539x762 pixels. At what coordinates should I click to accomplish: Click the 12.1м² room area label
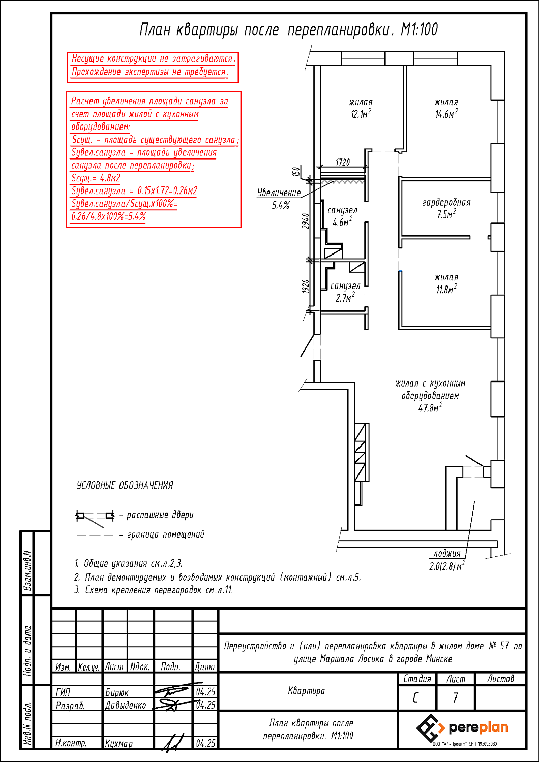[x=361, y=115]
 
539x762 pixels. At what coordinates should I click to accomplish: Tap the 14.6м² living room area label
[x=446, y=115]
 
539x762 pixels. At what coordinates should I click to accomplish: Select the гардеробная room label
[x=446, y=203]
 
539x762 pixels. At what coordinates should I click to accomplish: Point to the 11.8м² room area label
[x=446, y=290]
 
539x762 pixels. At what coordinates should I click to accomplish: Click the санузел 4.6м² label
[x=342, y=216]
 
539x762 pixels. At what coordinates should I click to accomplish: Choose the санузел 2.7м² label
[x=345, y=292]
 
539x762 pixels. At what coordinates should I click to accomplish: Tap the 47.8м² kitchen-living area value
[x=430, y=408]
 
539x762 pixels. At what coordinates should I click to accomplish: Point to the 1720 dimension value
[x=343, y=163]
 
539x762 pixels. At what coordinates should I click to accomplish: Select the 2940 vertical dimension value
[x=306, y=221]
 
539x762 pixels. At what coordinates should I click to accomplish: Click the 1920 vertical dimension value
[x=306, y=287]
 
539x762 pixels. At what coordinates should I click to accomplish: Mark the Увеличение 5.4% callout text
[x=279, y=199]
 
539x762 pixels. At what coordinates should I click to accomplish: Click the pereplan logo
[x=462, y=728]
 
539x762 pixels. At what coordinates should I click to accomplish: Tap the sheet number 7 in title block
[x=455, y=698]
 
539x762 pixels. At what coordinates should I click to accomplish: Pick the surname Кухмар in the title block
[x=119, y=744]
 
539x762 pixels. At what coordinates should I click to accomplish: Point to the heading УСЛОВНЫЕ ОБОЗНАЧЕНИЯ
[x=125, y=486]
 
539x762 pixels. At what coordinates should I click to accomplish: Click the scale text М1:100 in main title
[x=419, y=30]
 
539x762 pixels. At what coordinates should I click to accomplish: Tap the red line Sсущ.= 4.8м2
[x=96, y=178]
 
